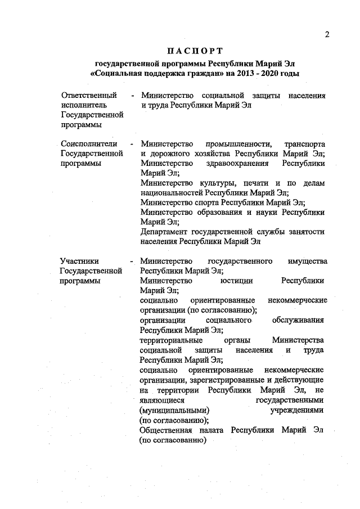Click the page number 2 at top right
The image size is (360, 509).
pyautogui.click(x=326, y=35)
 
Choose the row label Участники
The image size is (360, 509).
pyautogui.click(x=79, y=261)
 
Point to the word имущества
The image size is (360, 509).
pyautogui.click(x=307, y=261)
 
